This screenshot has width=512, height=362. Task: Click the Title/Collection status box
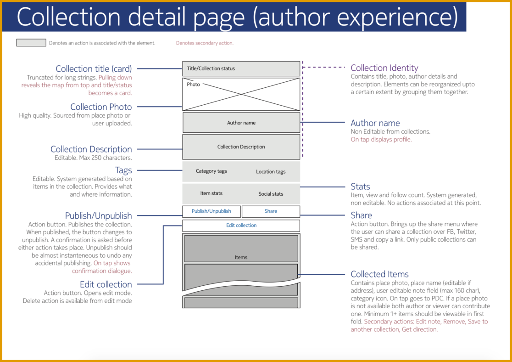[241, 68]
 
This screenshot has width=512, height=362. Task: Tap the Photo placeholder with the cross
[241, 94]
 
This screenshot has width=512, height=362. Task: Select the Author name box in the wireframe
[241, 123]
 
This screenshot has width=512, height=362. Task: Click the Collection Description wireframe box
[241, 147]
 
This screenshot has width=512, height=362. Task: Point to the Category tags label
[211, 171]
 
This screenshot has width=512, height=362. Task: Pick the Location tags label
[271, 172]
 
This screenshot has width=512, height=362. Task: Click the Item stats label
[211, 193]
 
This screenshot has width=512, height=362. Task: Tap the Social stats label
[271, 194]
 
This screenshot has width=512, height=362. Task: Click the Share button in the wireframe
[271, 211]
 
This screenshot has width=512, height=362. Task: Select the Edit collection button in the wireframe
[241, 226]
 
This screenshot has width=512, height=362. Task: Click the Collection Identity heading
[384, 68]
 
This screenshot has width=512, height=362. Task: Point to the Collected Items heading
[379, 274]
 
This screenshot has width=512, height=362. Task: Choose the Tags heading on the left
[123, 170]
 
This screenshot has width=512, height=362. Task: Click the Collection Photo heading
[101, 107]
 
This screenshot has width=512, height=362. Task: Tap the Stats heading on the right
[360, 187]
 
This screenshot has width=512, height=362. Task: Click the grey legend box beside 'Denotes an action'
[31, 43]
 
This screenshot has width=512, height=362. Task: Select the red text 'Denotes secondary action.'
[205, 43]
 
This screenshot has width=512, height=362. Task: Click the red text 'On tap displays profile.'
[381, 140]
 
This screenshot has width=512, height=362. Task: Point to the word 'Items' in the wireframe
[241, 257]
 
